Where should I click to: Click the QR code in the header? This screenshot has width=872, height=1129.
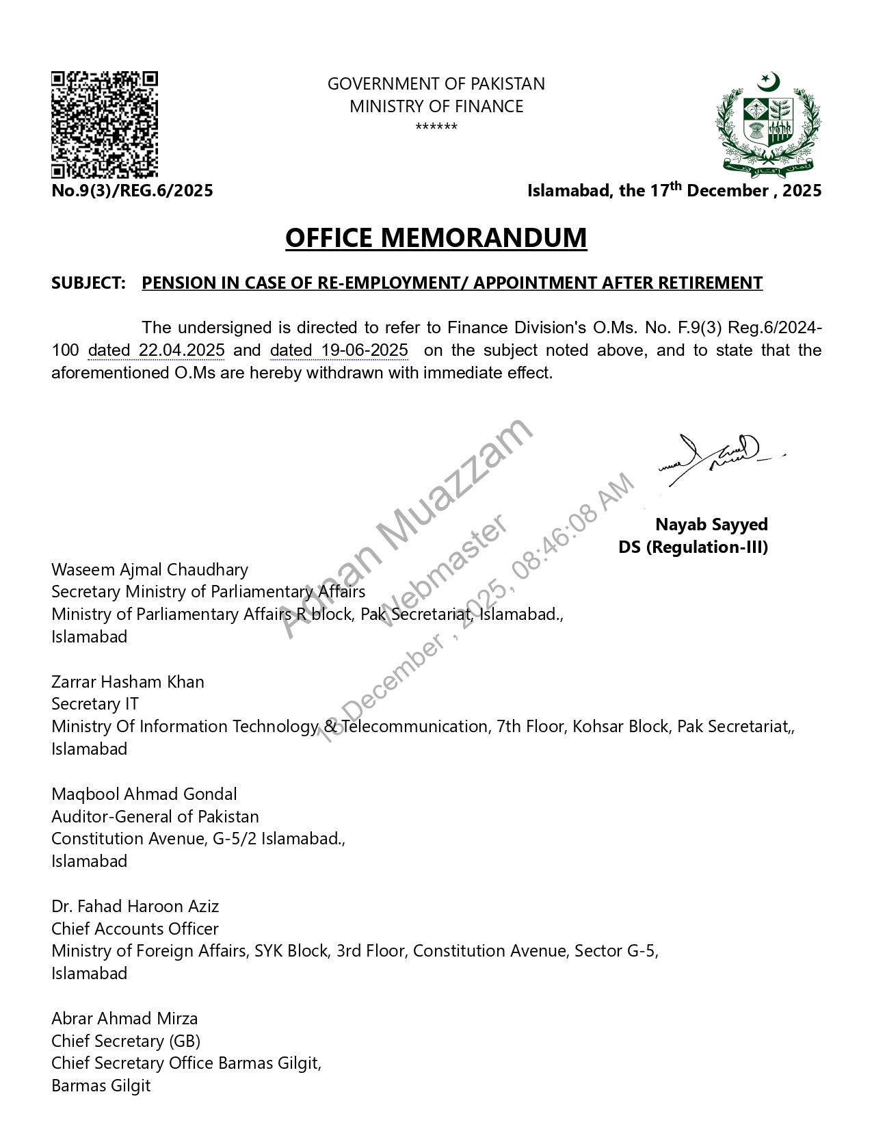(105, 125)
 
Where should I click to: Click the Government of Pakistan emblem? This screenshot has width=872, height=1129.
(768, 125)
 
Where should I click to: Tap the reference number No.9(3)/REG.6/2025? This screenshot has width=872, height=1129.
(132, 191)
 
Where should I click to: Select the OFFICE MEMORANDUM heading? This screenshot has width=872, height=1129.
(436, 237)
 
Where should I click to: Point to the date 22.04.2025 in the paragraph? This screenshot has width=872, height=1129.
(181, 350)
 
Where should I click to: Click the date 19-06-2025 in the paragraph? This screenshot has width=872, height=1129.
(365, 350)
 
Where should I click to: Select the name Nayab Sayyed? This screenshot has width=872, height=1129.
(711, 525)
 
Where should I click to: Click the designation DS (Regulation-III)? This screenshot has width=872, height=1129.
(693, 547)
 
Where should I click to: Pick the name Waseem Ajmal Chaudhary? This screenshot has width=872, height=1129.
(150, 570)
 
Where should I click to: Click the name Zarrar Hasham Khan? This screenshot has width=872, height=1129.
(128, 682)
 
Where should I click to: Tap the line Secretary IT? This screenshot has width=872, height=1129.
(95, 704)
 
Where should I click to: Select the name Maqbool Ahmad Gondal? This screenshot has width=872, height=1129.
(144, 794)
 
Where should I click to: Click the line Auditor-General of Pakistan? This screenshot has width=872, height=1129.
(155, 817)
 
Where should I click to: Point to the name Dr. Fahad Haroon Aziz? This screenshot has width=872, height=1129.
(135, 907)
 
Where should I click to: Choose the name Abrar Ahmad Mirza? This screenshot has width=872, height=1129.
(124, 1019)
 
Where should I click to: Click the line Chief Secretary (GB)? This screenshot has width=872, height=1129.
(126, 1041)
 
